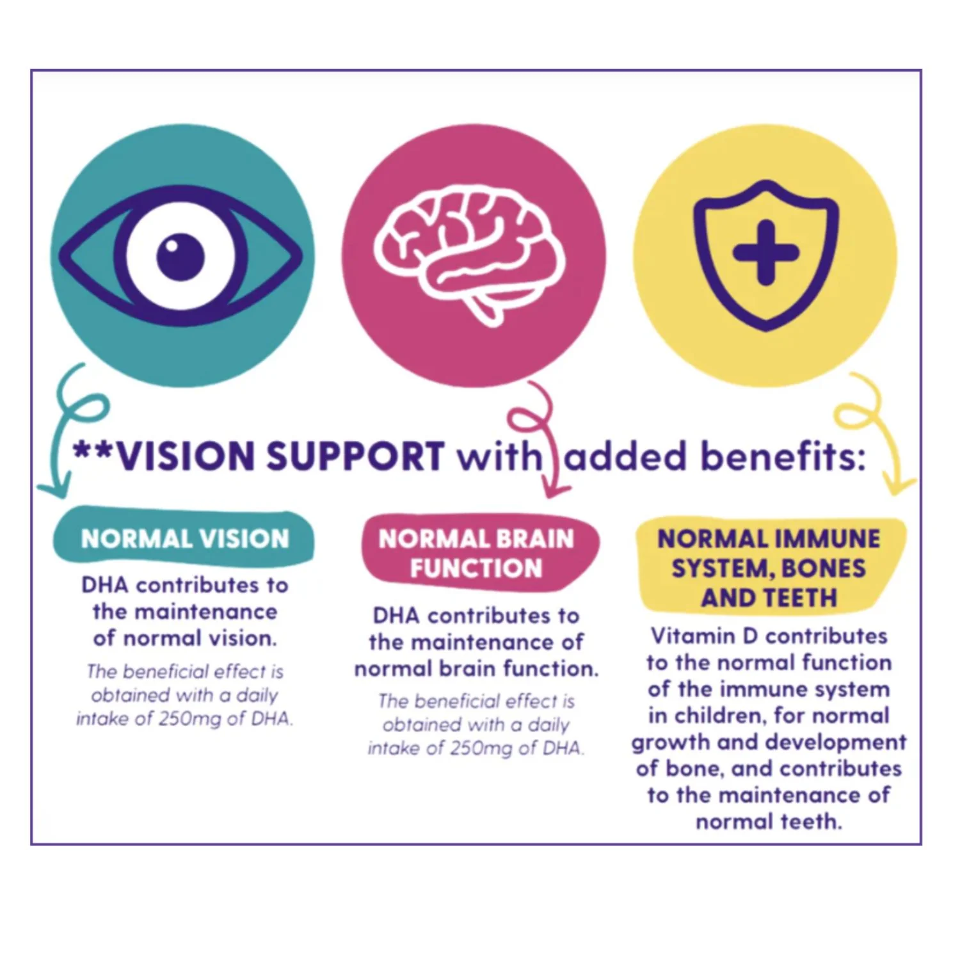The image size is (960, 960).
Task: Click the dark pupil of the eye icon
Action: pyautogui.click(x=180, y=257)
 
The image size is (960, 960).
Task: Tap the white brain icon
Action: pyautogui.click(x=470, y=255)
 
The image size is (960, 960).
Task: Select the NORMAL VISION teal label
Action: pyautogui.click(x=184, y=538)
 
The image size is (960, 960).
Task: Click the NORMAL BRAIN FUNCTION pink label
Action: pyautogui.click(x=478, y=553)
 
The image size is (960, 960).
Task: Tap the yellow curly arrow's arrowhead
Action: pyautogui.click(x=899, y=484)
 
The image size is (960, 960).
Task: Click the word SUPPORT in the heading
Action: pyautogui.click(x=355, y=456)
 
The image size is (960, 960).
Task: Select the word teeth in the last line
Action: pyautogui.click(x=808, y=821)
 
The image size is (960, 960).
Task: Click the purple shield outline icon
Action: pyautogui.click(x=766, y=255)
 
